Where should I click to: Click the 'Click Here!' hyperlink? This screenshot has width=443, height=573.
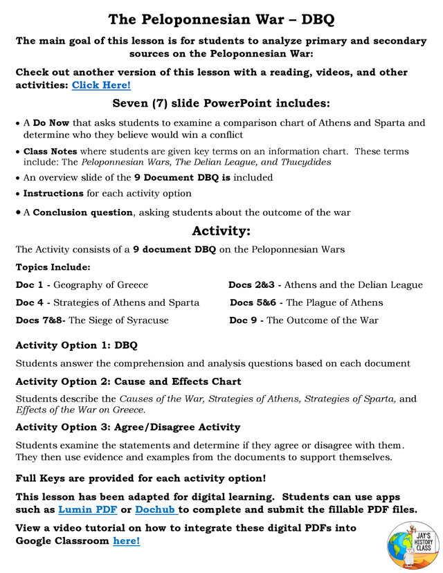click(x=101, y=85)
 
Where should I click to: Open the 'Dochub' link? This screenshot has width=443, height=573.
click(x=156, y=510)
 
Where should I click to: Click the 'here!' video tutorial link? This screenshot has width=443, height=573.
click(x=126, y=540)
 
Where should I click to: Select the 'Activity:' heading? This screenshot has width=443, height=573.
click(x=221, y=230)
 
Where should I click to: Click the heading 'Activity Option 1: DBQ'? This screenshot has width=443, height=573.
click(x=76, y=345)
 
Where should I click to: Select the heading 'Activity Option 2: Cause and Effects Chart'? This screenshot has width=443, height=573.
click(x=128, y=381)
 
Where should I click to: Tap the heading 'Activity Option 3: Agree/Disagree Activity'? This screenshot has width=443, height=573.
click(x=129, y=426)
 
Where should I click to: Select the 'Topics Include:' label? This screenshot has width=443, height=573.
click(x=52, y=267)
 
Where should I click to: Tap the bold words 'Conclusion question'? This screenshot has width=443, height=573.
click(x=82, y=212)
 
